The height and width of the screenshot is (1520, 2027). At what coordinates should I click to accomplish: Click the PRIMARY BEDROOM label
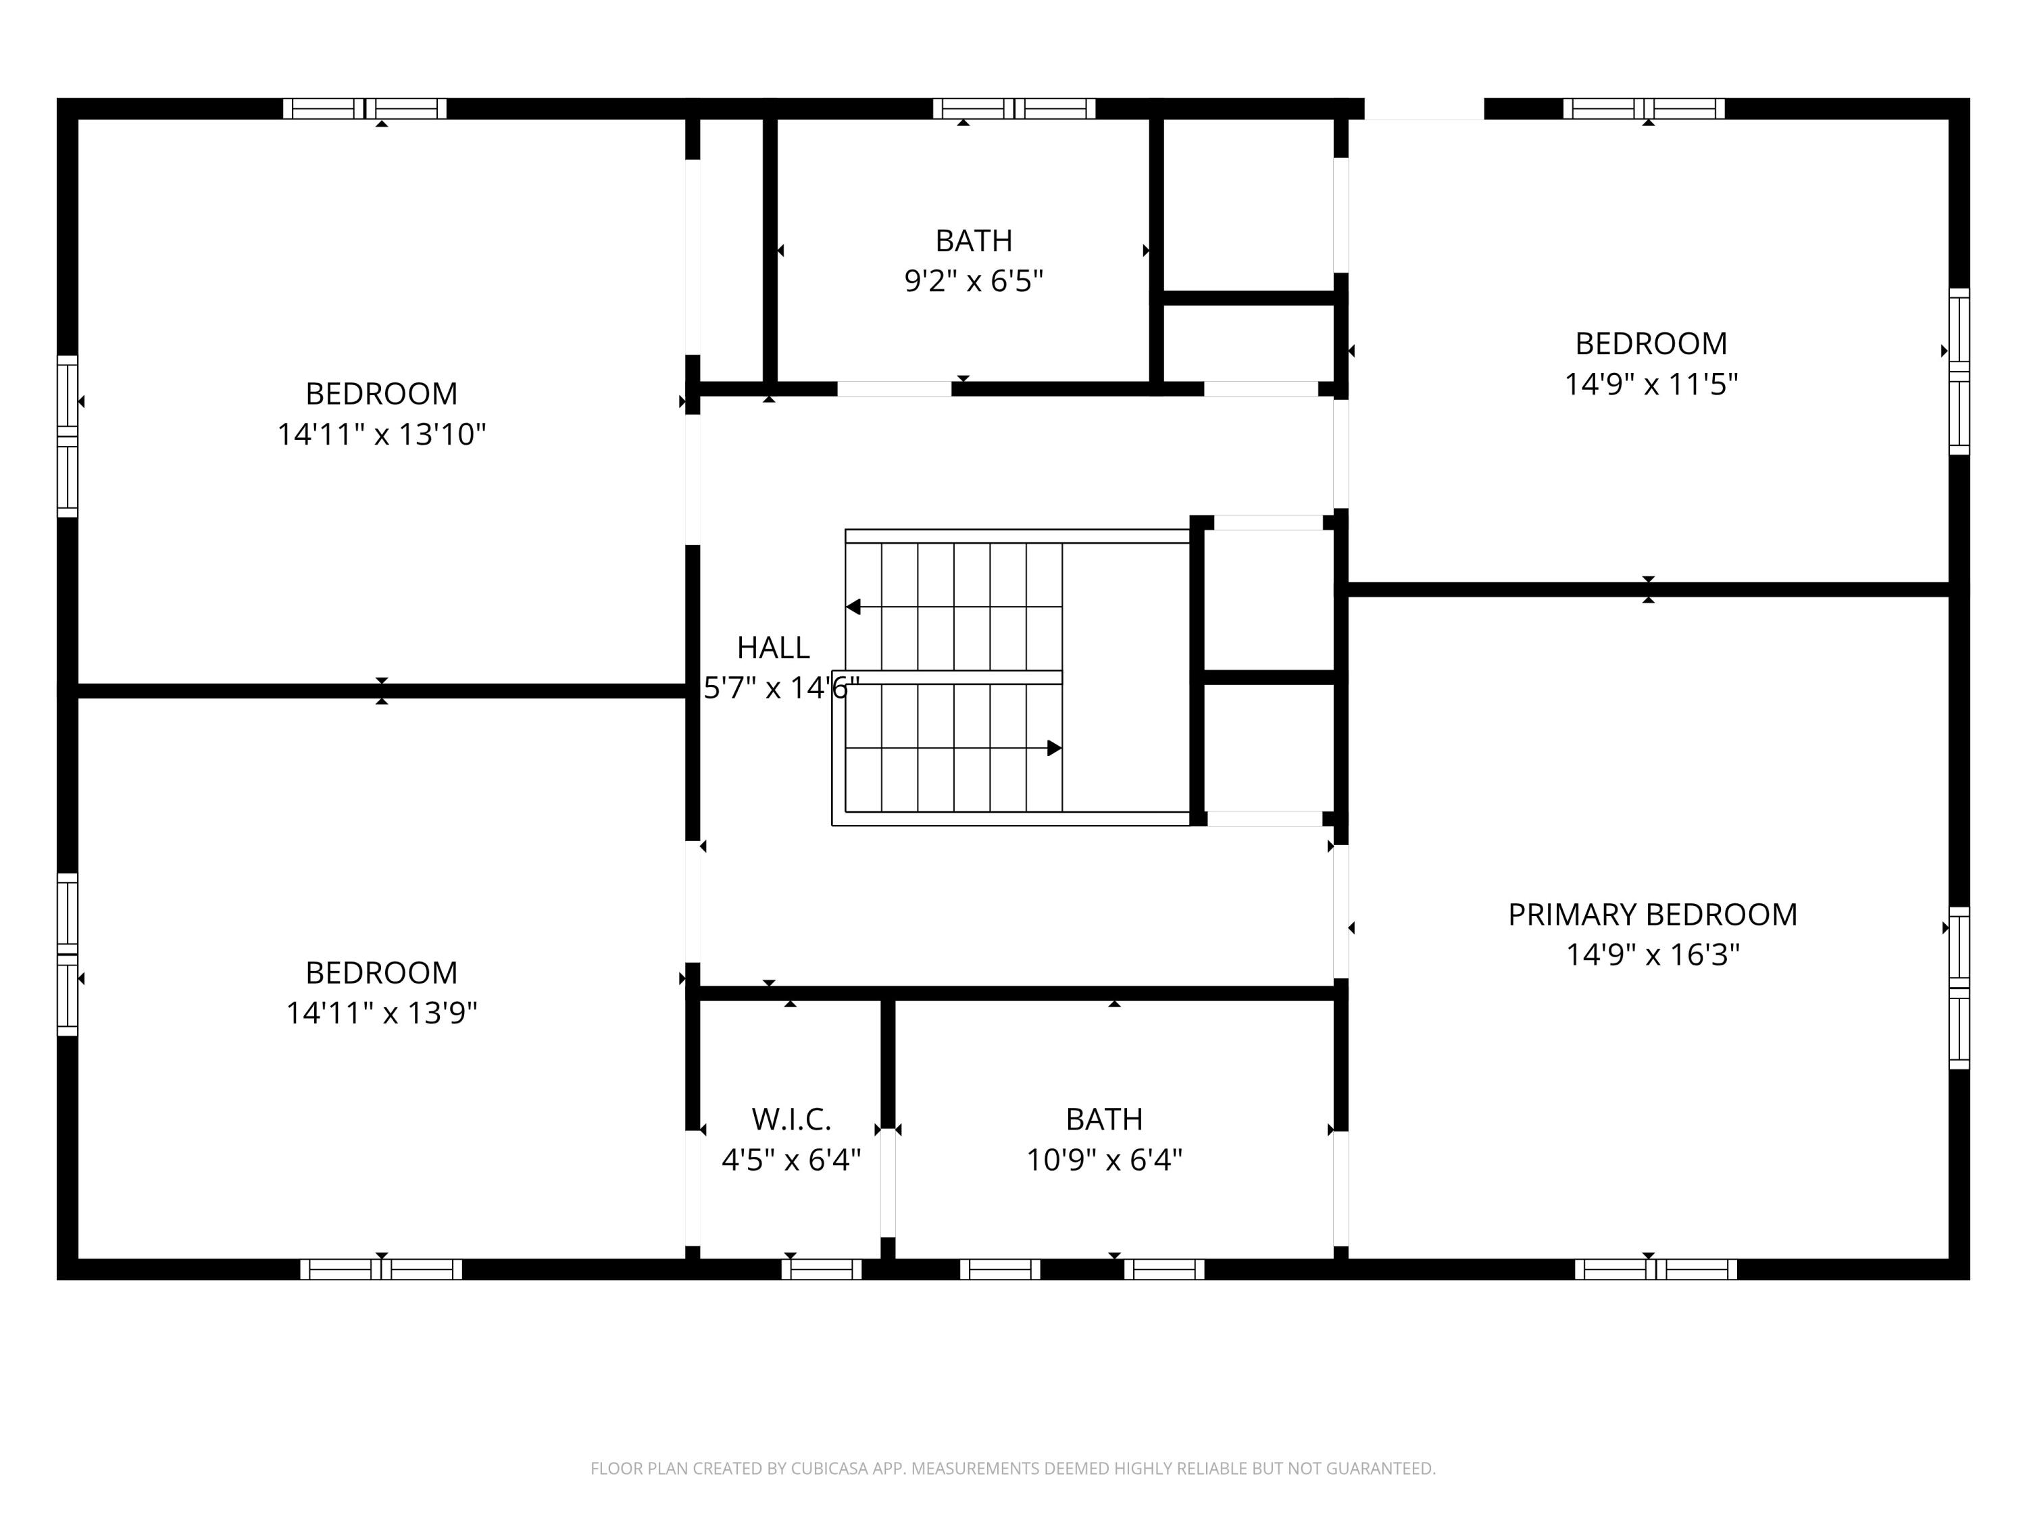(x=1652, y=915)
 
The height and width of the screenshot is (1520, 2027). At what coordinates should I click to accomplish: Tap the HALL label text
(x=774, y=648)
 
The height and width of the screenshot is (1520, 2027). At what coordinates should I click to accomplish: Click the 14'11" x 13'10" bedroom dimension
(x=381, y=434)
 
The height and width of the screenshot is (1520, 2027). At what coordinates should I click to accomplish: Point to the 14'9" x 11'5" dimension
(x=1651, y=384)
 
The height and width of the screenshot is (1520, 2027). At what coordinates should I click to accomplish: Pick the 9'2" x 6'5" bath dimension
(x=974, y=280)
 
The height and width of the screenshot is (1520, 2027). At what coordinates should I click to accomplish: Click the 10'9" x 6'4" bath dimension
(x=1104, y=1160)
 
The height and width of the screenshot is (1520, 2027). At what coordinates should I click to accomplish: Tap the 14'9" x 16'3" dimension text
(x=1652, y=955)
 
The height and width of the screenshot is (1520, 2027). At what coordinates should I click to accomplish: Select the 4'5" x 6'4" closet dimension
(x=792, y=1160)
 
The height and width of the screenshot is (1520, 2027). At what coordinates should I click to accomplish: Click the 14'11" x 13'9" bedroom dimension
(x=381, y=1013)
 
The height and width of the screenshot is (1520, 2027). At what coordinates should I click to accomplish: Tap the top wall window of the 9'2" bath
(x=1014, y=109)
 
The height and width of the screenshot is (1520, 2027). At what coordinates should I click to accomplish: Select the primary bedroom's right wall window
(x=1959, y=988)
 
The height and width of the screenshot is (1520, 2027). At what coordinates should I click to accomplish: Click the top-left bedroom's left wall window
(x=68, y=436)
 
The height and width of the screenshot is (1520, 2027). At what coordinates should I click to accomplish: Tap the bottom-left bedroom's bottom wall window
(x=381, y=1269)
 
